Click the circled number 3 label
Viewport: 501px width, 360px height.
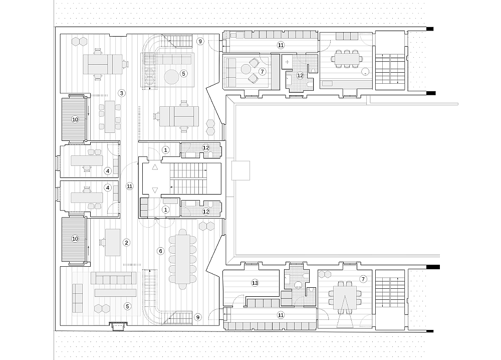121,93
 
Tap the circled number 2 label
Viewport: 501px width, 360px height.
127,243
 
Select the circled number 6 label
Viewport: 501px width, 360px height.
161,251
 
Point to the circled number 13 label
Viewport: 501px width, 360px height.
255,283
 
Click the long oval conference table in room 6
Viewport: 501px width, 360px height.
182,259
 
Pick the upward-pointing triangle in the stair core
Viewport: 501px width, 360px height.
155,166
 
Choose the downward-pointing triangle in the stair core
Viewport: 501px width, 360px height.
155,191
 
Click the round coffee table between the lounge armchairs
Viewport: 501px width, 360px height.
246,69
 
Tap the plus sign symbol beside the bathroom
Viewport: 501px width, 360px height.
287,62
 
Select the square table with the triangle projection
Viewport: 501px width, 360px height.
345,298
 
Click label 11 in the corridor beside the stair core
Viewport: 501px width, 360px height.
129,186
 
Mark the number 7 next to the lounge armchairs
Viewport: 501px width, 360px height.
263,72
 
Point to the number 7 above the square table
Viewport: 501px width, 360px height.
363,279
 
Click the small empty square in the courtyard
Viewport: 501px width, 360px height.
240,170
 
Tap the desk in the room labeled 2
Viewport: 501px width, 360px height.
113,242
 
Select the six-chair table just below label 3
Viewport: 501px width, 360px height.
110,117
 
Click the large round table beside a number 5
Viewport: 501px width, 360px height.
172,77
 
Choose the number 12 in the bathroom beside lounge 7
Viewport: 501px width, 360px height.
300,76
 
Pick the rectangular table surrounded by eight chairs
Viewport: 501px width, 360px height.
347,59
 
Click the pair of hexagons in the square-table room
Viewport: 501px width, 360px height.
324,274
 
